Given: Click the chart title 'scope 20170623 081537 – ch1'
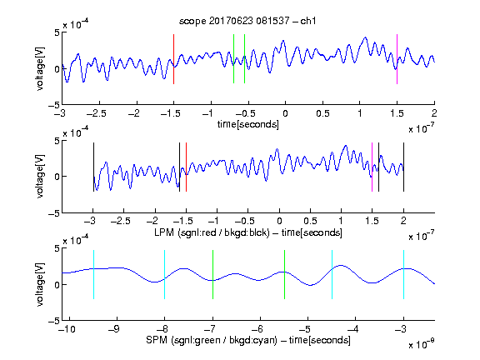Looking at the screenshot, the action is (247, 21).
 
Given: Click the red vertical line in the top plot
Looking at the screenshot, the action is (173, 59).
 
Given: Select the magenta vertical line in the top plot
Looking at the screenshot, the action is (397, 59).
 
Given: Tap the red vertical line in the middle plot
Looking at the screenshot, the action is (186, 167).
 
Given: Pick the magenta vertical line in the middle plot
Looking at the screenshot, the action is (372, 167).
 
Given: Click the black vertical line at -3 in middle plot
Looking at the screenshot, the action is (93, 167).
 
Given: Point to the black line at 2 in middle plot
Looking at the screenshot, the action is (403, 167).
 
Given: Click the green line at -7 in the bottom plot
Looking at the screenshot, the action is (212, 274).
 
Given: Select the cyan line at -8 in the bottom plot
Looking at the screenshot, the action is (165, 274).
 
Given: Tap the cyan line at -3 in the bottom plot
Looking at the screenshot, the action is (403, 274).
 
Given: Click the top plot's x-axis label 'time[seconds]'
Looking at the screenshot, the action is (248, 125).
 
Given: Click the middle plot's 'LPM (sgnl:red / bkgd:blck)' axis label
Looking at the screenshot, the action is (212, 232).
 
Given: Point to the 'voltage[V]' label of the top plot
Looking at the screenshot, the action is (40, 68).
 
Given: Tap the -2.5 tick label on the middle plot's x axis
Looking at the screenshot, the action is (120, 221).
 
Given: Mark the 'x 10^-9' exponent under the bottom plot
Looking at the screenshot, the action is (422, 344).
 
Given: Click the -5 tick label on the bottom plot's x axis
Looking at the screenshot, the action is (305, 329).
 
